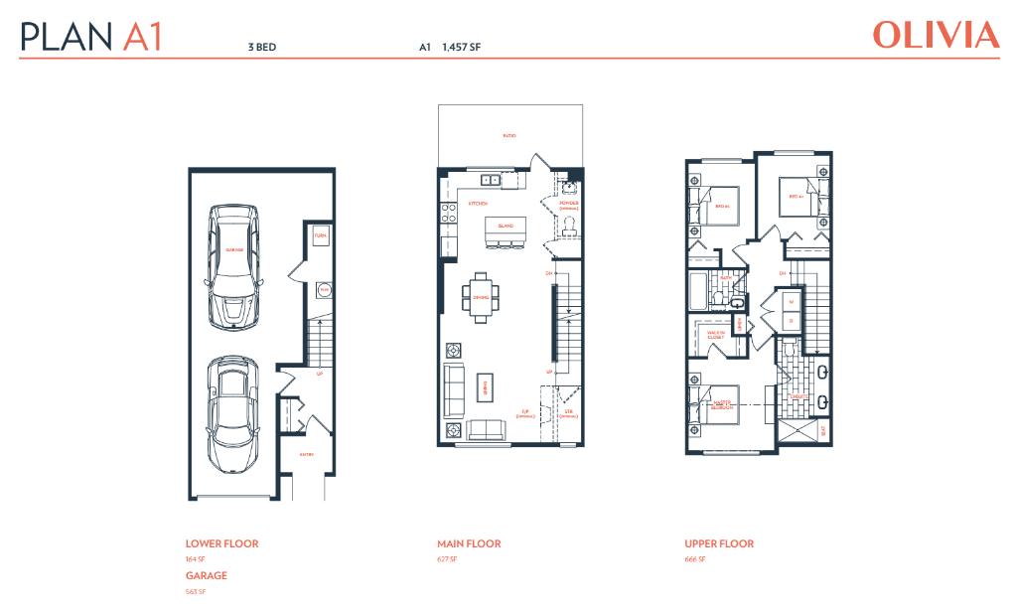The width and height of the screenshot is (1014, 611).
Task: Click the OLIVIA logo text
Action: pos(936,36)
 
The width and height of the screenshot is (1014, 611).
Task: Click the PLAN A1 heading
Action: pos(90,37)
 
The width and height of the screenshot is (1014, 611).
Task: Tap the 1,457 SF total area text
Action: pos(462,46)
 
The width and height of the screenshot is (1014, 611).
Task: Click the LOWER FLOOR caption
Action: pos(221,543)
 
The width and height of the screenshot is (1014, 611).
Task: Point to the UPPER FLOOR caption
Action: pos(718,543)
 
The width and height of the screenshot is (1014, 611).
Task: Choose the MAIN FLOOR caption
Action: pos(469,543)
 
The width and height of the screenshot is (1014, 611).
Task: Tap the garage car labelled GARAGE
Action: pos(234,266)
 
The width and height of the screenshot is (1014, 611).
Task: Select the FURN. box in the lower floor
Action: pos(321,236)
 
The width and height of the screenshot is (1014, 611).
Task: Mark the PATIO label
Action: pos(509,136)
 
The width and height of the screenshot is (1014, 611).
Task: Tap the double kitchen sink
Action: pos(491,181)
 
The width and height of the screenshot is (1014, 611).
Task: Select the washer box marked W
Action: pos(792,302)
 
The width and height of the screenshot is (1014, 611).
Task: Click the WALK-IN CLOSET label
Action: pos(715,335)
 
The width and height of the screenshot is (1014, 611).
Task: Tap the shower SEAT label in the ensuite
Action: pos(822,430)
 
